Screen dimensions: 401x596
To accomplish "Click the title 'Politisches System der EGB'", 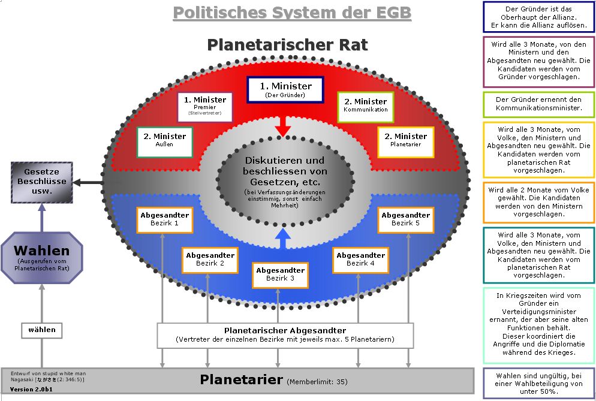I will pos(292,13).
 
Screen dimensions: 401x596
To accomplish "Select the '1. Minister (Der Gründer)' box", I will pos(285,91).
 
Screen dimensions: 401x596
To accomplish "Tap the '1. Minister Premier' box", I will pos(205,105).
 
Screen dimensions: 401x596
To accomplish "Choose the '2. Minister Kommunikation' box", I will pos(366,105).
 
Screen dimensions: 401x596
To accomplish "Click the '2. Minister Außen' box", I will pos(164,141).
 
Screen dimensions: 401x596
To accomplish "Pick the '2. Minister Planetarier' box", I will pos(406,141).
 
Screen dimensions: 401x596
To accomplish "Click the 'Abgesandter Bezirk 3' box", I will pos(280,275).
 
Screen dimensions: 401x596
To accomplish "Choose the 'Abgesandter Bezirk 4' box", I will pos(360,260).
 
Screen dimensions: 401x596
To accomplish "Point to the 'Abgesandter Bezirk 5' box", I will pos(406,219).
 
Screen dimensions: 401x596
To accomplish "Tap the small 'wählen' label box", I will pos(42,330).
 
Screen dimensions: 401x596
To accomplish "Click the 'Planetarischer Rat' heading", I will pos(287,45).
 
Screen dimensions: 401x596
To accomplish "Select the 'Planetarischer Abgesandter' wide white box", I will pos(285,335).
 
